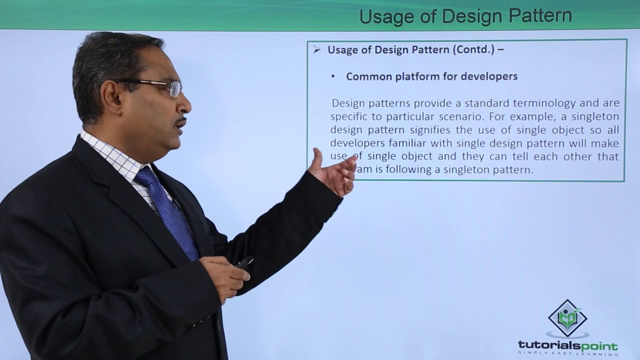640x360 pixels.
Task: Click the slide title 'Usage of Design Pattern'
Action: pos(465,16)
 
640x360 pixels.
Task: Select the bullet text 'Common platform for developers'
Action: pos(431,76)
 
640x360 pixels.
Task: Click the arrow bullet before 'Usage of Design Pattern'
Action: pos(316,49)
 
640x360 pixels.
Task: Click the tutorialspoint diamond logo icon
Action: pos(567,318)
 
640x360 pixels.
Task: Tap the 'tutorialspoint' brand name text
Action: pos(567,345)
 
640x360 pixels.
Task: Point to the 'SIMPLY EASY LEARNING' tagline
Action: pos(567,353)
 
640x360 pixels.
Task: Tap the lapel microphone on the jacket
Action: pos(176,204)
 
